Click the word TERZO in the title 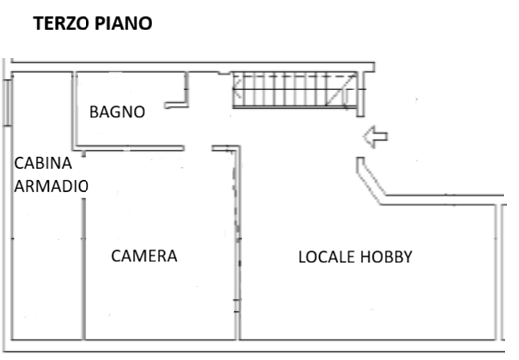62,24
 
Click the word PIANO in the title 123,24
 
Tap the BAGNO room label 117,112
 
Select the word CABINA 43,163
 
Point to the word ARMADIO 52,186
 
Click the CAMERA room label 144,256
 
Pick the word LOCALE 327,257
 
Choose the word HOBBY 386,257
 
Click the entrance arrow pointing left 375,137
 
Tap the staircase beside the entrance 294,90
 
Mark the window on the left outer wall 8,102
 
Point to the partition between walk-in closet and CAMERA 84,269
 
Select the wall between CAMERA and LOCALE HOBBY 237,243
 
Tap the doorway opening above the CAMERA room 198,148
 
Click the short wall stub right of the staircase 361,94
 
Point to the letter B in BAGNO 93,112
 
